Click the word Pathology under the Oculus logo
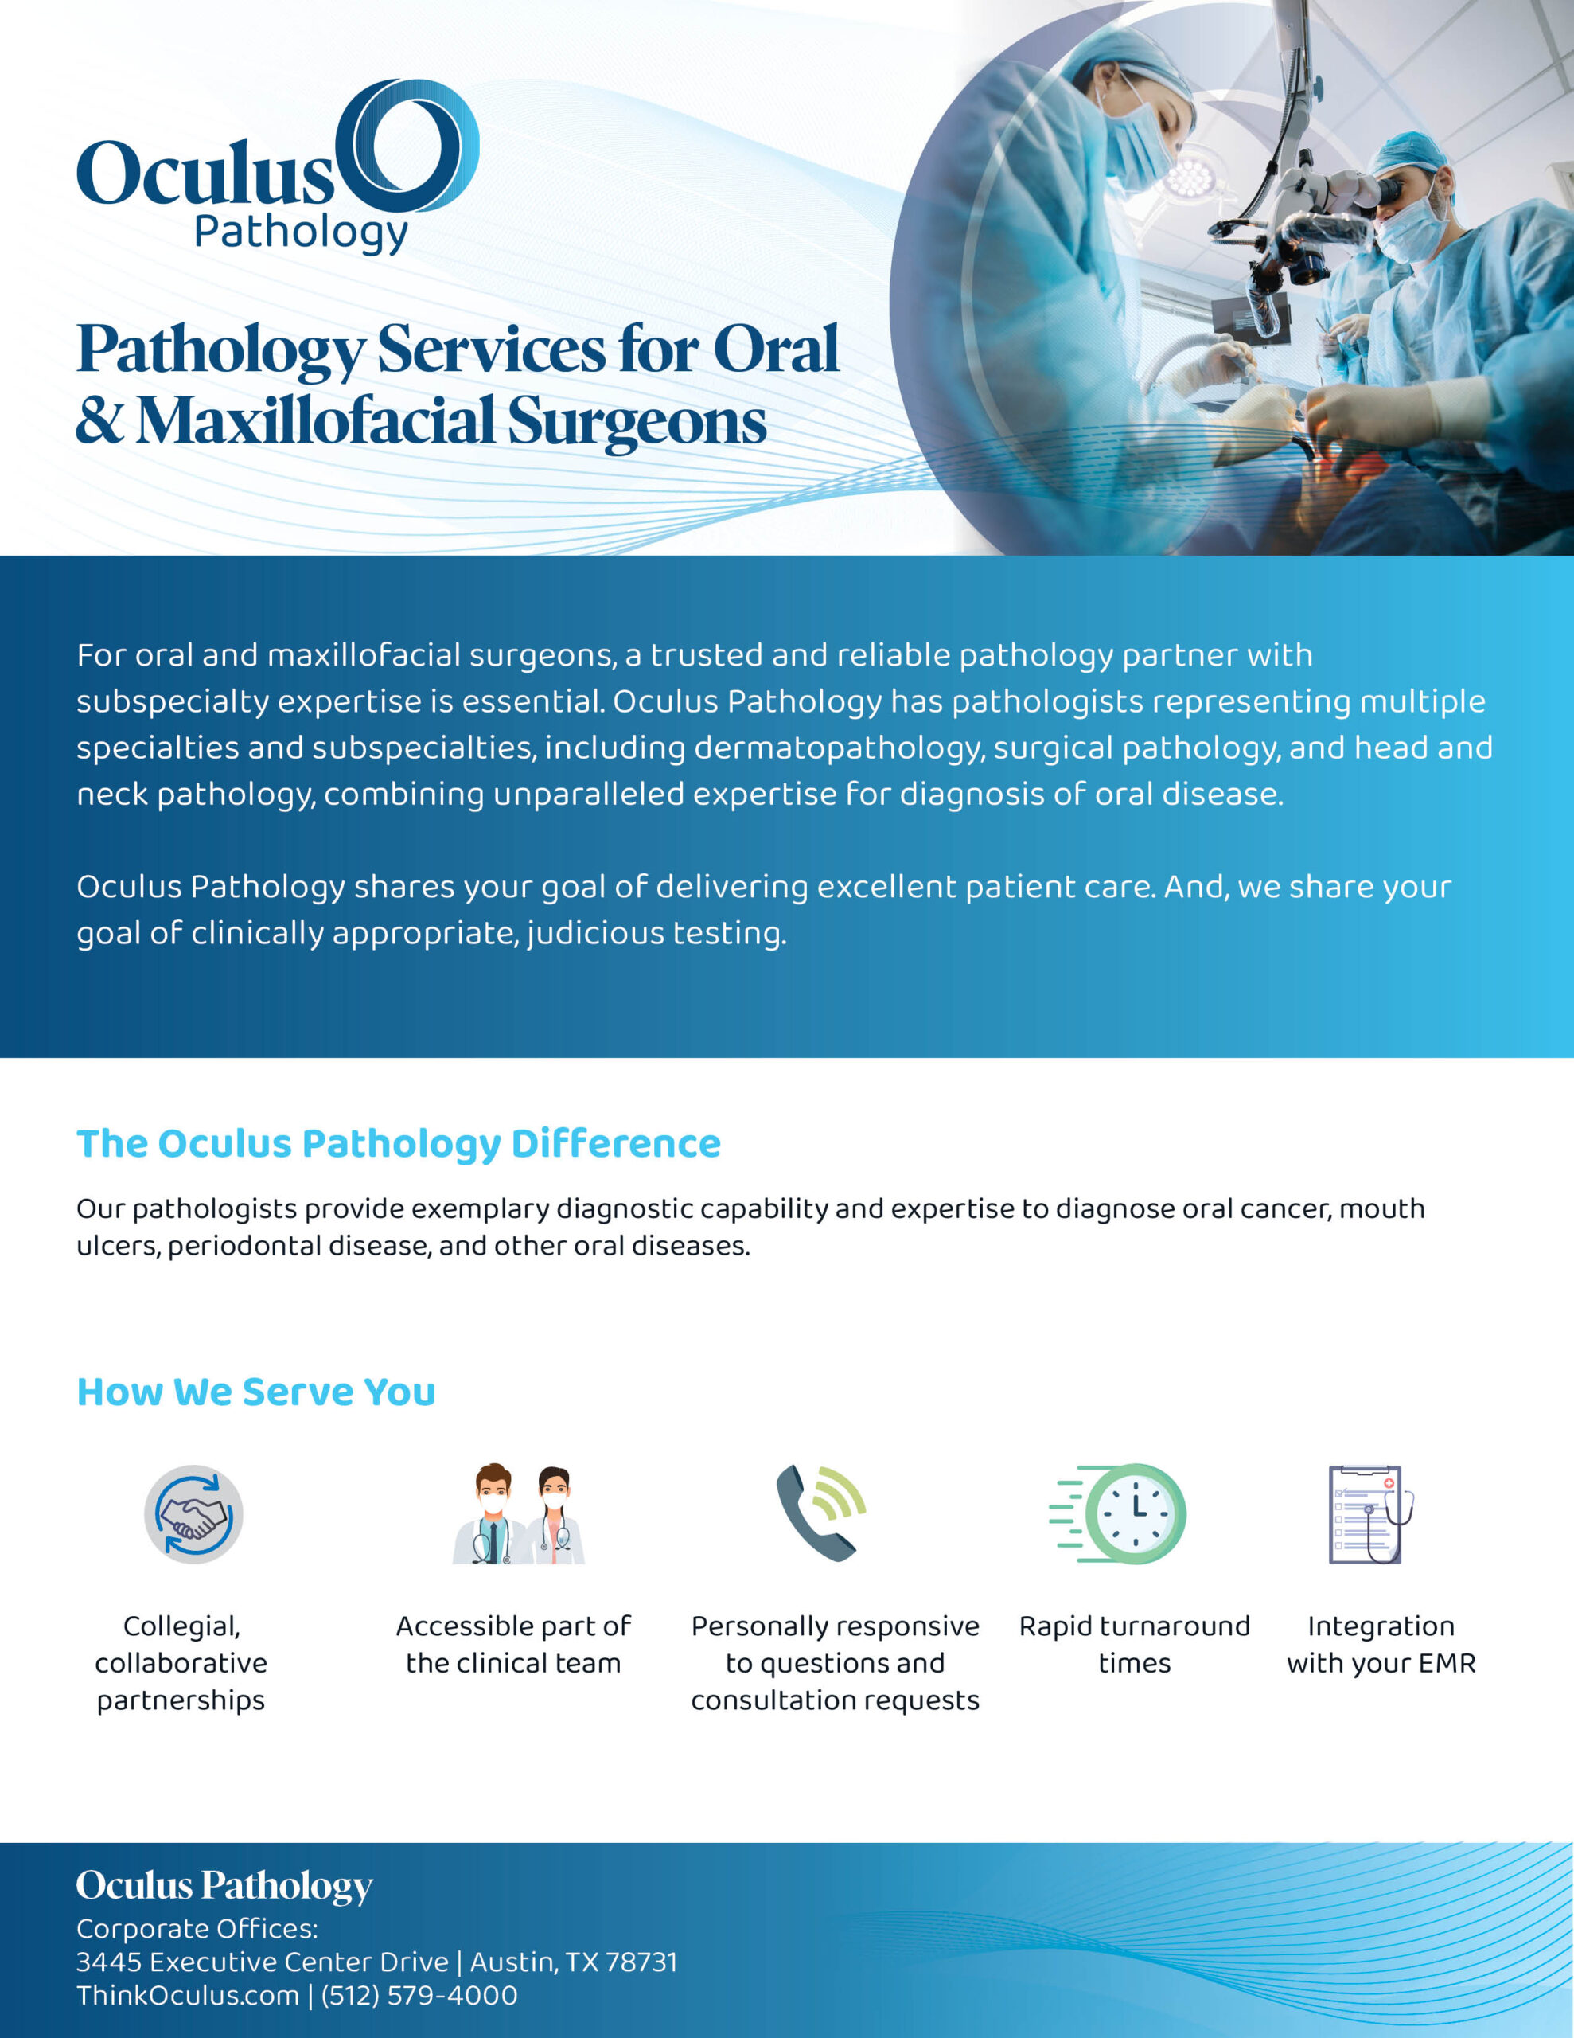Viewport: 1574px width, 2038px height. [302, 233]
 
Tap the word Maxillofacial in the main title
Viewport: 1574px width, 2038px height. [315, 421]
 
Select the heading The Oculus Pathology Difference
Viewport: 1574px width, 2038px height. [399, 1144]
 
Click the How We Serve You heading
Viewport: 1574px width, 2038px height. [255, 1392]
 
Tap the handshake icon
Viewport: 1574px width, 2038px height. [193, 1514]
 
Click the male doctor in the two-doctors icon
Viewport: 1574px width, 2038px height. [492, 1513]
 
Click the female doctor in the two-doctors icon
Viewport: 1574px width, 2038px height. [555, 1516]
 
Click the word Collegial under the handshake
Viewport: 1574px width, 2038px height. [182, 1627]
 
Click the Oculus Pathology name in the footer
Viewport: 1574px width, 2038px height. [225, 1886]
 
